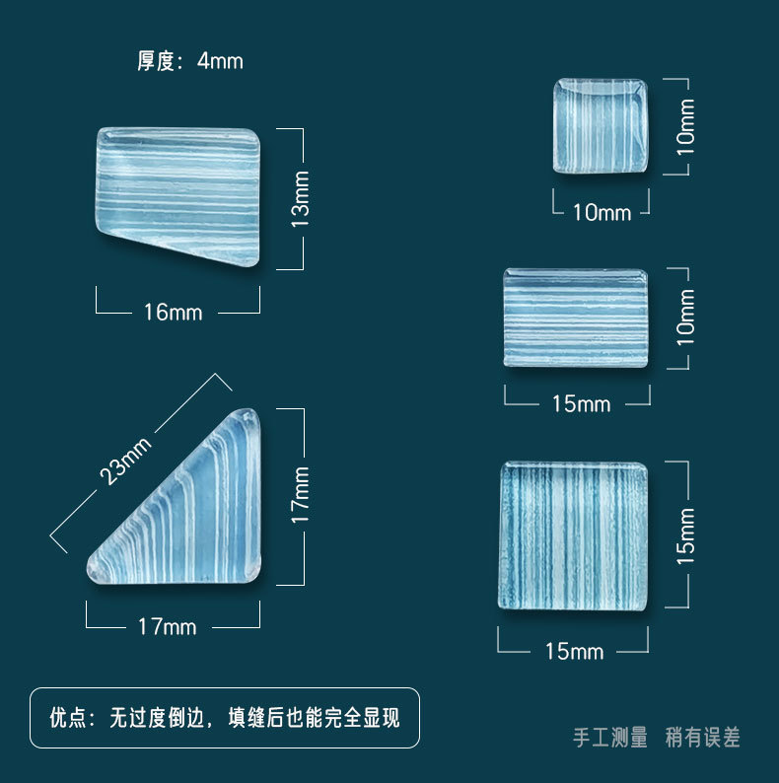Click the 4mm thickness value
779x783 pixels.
(x=220, y=61)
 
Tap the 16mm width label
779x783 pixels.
(x=173, y=313)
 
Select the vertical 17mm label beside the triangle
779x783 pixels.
(x=302, y=495)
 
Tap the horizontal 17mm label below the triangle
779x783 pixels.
(x=168, y=626)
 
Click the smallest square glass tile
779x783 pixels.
(x=600, y=126)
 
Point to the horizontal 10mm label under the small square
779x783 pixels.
(x=602, y=212)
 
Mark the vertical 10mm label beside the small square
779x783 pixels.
(x=685, y=126)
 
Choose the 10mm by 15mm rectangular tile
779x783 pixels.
(x=576, y=318)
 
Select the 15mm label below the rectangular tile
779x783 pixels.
(x=581, y=404)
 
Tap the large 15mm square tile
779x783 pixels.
(x=573, y=534)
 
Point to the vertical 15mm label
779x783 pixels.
(x=685, y=535)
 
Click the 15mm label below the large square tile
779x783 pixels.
(x=574, y=651)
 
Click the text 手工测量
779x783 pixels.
(x=610, y=737)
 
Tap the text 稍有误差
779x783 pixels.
(x=702, y=737)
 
